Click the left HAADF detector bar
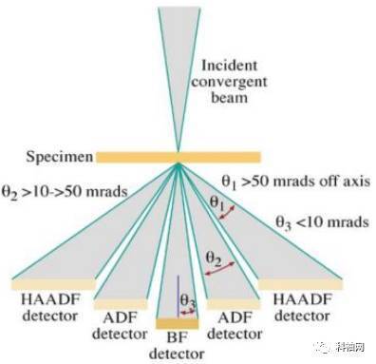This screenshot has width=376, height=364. [x=52, y=283]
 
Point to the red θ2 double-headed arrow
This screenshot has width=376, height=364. [x=224, y=271]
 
